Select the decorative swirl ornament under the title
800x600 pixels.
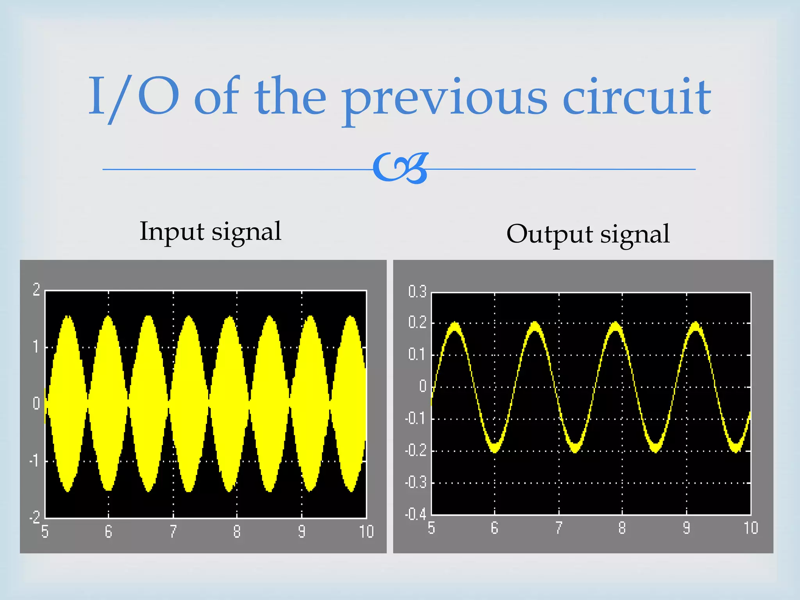pyautogui.click(x=401, y=168)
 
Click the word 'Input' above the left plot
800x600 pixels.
pyautogui.click(x=172, y=231)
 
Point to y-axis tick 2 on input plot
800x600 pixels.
pyautogui.click(x=36, y=289)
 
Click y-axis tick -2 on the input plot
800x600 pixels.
pyautogui.click(x=35, y=518)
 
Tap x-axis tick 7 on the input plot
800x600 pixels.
pyautogui.click(x=173, y=532)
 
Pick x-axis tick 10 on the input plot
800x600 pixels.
pyautogui.click(x=366, y=532)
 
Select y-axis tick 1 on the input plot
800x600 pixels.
pyautogui.click(x=36, y=347)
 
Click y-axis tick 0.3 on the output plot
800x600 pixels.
pyautogui.click(x=417, y=291)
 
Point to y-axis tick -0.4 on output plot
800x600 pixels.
pyautogui.click(x=416, y=514)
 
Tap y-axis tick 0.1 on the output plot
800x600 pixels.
pyautogui.click(x=417, y=355)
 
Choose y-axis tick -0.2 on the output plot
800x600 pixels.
pyautogui.click(x=416, y=450)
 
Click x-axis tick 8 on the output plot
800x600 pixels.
pyautogui.click(x=622, y=528)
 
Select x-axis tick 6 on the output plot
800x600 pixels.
pyautogui.click(x=495, y=528)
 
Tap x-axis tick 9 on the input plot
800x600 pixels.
pyautogui.click(x=302, y=532)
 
